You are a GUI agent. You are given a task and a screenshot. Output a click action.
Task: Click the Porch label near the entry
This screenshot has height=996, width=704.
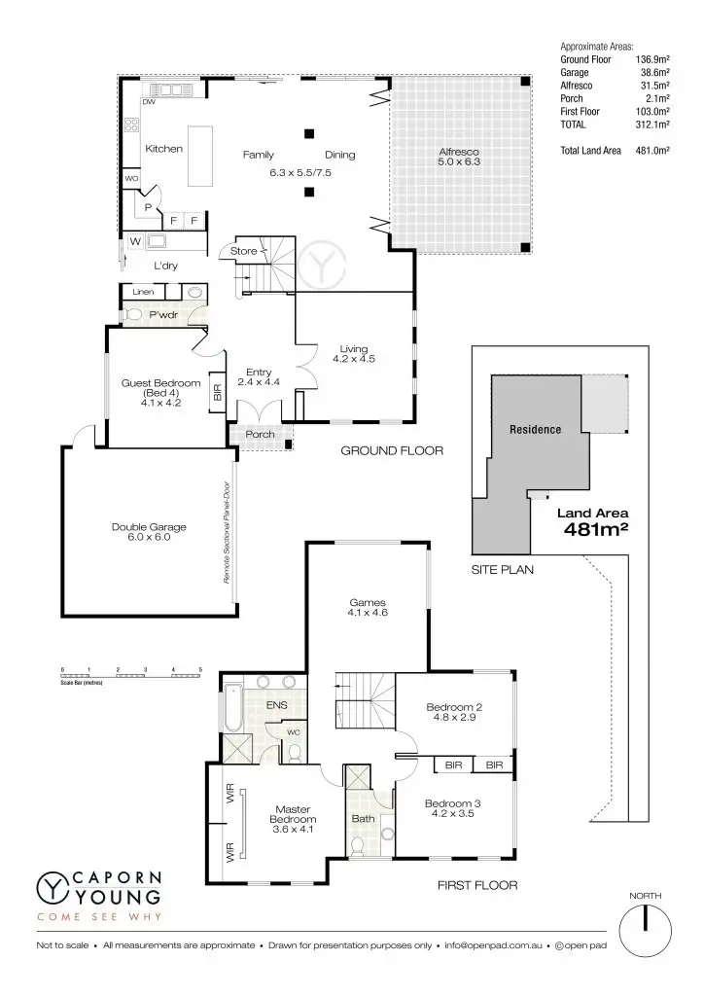[260, 434]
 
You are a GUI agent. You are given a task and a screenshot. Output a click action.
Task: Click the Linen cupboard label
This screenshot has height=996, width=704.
[143, 291]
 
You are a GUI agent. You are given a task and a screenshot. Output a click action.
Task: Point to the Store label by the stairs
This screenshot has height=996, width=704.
[243, 251]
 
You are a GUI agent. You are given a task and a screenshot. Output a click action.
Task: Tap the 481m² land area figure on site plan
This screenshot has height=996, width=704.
[594, 530]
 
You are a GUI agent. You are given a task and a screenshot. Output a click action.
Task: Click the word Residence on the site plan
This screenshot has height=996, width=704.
[536, 429]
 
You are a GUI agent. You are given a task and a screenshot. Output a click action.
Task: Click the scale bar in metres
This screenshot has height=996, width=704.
[130, 673]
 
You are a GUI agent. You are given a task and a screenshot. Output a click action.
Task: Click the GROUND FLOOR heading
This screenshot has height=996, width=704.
[392, 451]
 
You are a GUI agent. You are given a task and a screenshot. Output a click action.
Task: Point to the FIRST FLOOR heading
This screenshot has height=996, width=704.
[477, 886]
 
